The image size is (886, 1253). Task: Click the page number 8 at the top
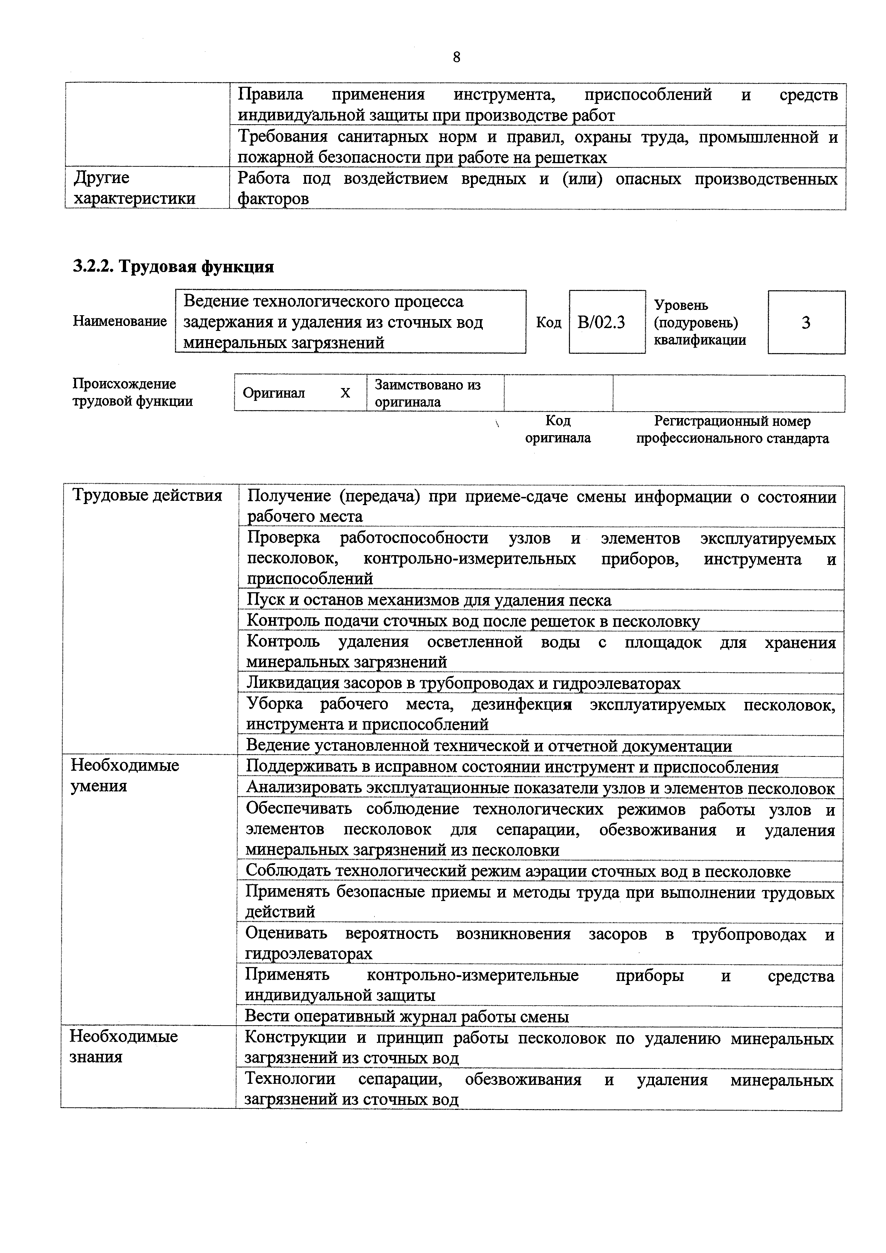[456, 57]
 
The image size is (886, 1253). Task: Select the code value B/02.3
[601, 322]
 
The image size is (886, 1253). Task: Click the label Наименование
[120, 321]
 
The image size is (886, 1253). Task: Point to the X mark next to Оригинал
[345, 393]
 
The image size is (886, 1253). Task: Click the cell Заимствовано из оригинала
[427, 393]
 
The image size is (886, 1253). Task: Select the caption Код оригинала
[558, 429]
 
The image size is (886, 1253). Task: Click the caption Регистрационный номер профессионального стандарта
[732, 429]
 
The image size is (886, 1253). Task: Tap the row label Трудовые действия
[147, 495]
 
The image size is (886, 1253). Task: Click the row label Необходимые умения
[125, 775]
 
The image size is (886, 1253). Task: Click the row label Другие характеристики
[134, 188]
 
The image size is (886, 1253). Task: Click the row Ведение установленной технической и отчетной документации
[489, 745]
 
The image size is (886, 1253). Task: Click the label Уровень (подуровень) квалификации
[700, 322]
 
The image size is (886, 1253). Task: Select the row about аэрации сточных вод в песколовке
[517, 871]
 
